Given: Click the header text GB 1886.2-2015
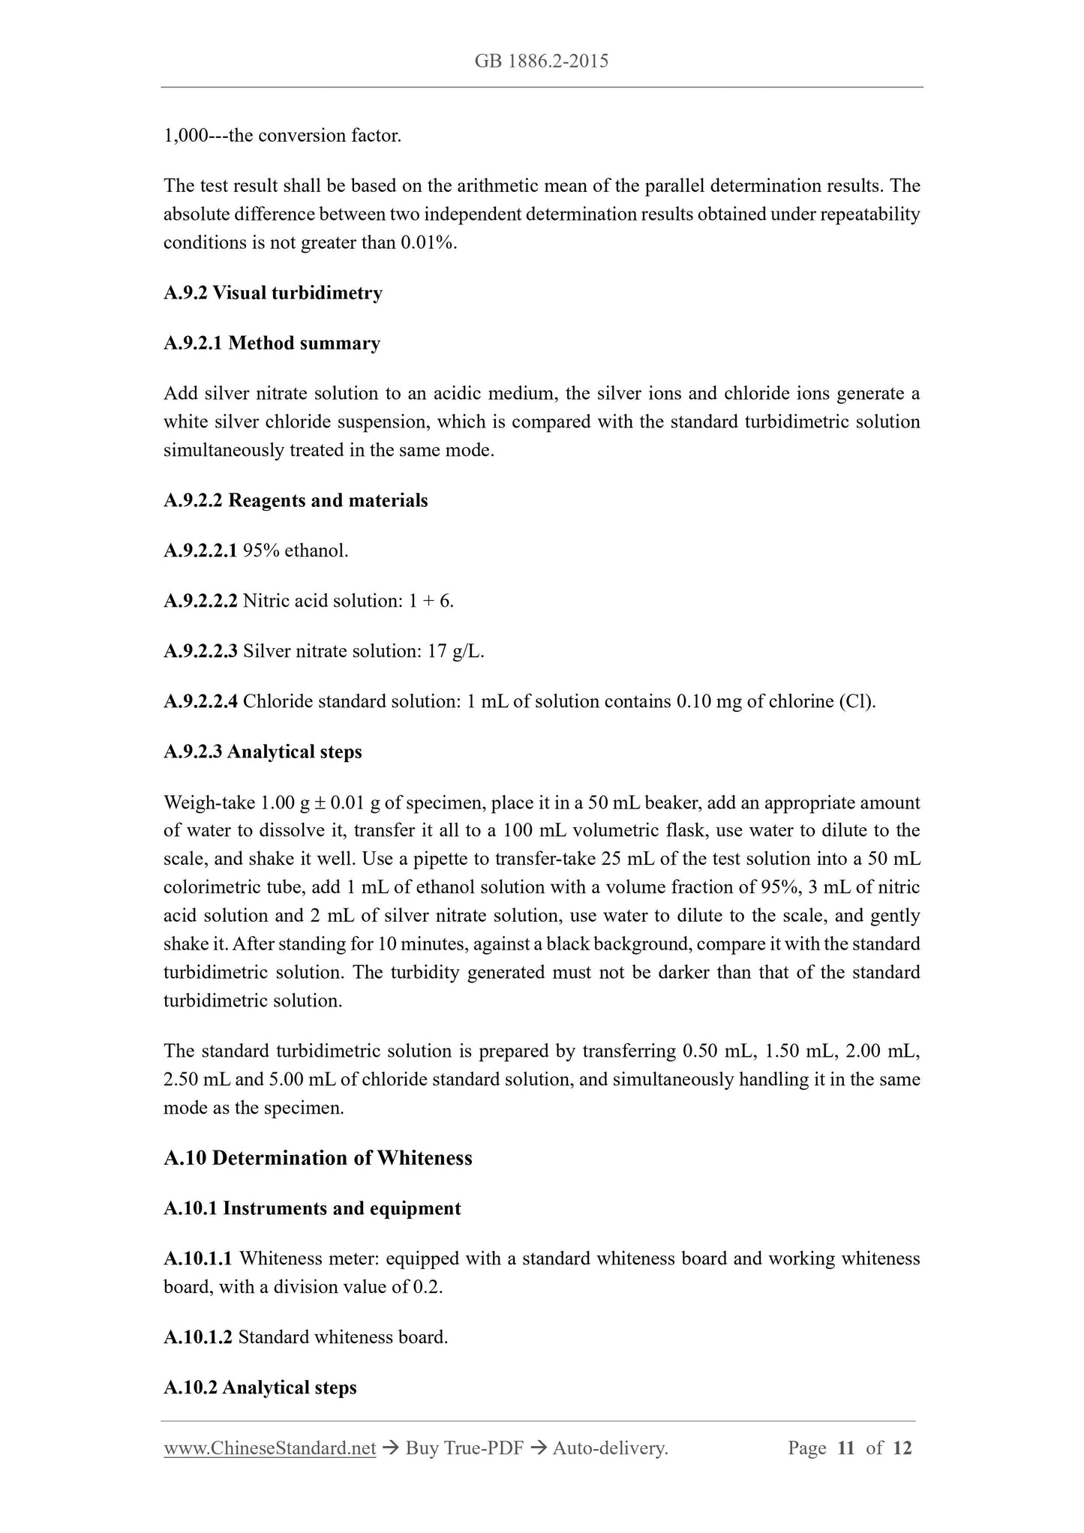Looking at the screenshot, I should click(x=541, y=61).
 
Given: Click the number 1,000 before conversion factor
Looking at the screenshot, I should click(x=185, y=136).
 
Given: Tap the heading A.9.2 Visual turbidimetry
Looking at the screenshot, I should click(x=272, y=293).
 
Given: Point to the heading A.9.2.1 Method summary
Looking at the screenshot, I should click(x=272, y=343).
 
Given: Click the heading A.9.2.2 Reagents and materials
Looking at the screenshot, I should click(x=296, y=501).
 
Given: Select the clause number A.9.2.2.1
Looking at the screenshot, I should click(x=200, y=551).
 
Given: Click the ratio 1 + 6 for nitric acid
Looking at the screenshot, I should click(x=431, y=601).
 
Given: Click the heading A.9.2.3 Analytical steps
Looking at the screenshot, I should click(x=263, y=752).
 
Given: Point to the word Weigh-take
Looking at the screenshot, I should click(x=209, y=803).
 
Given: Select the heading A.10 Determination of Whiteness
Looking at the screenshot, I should click(x=317, y=1158).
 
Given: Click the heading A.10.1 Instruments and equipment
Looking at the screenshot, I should click(x=312, y=1209).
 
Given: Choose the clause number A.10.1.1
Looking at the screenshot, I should click(x=198, y=1259).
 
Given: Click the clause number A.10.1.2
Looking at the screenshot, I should click(x=198, y=1338).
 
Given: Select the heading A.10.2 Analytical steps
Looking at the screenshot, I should click(x=260, y=1388).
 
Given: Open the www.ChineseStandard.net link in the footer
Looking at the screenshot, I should click(x=269, y=1448).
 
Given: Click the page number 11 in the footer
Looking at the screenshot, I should click(x=846, y=1448).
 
